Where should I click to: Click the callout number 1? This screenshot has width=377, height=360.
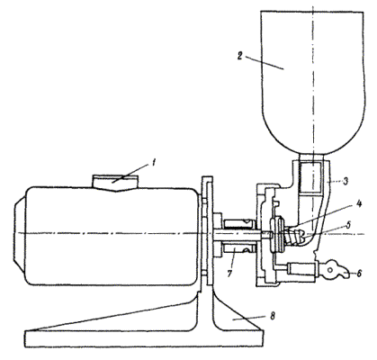click(x=153, y=163)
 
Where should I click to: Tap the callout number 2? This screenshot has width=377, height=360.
click(x=239, y=56)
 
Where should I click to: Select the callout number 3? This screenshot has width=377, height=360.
click(x=346, y=181)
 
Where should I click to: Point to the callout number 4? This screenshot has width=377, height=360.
click(x=359, y=204)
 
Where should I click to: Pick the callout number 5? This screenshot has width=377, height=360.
click(x=348, y=225)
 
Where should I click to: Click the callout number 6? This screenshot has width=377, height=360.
click(x=359, y=274)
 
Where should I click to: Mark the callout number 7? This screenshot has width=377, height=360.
click(x=229, y=274)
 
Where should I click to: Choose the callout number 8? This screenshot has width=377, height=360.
click(x=272, y=316)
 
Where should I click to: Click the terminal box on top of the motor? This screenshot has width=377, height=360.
click(x=115, y=183)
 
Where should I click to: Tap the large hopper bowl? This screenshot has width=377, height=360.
click(x=313, y=81)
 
